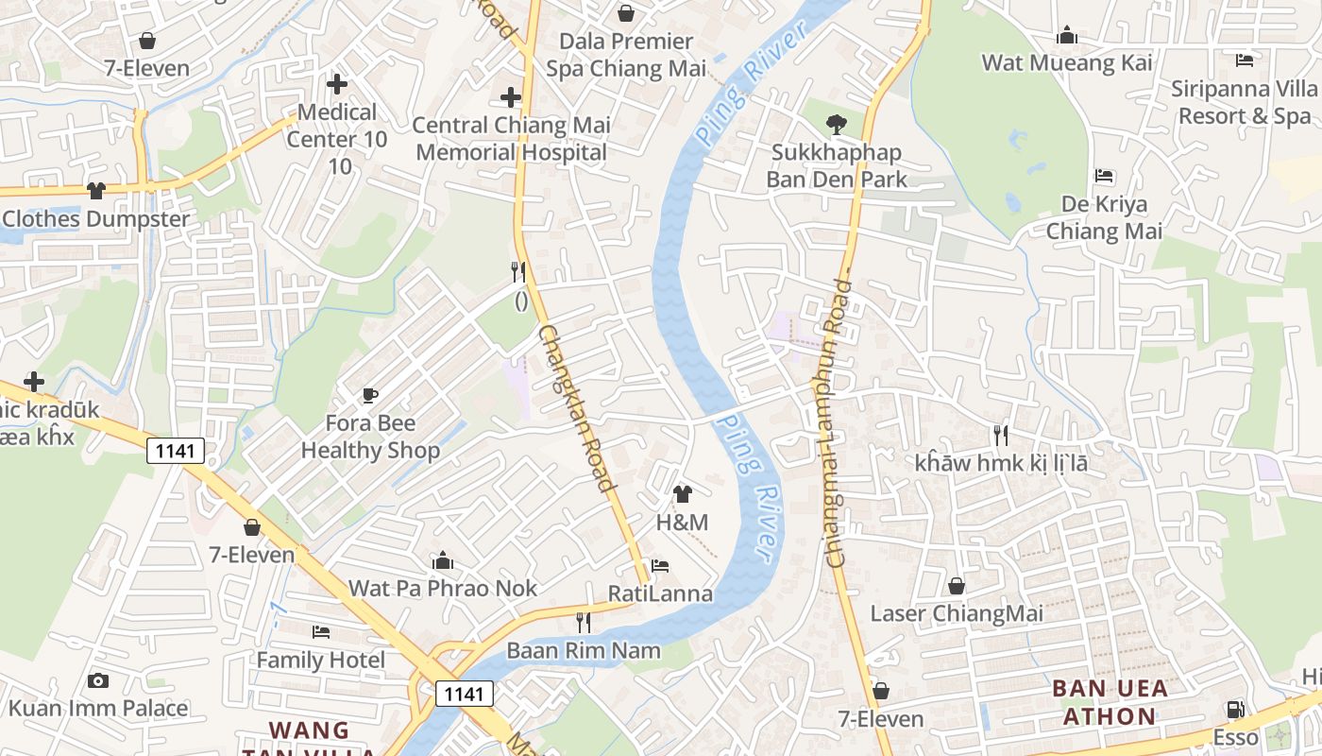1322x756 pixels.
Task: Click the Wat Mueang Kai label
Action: click(1067, 63)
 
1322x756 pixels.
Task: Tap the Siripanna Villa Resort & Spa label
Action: click(1244, 102)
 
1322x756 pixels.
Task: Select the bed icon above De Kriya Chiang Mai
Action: click(1104, 177)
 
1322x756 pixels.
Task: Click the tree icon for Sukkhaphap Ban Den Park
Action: click(836, 123)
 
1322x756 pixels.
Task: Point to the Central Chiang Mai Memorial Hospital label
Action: click(511, 138)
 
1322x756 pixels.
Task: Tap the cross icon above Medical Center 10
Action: click(337, 84)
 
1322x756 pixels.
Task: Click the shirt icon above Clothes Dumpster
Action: click(95, 191)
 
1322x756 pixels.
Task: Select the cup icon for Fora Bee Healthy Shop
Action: click(370, 395)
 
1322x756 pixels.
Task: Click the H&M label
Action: click(682, 523)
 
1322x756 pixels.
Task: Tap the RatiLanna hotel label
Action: click(660, 593)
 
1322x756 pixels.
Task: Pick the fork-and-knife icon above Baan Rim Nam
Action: click(584, 623)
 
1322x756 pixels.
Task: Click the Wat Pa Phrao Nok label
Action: click(443, 588)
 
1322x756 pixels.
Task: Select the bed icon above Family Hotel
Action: click(321, 631)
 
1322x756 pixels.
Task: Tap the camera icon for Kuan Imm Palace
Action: click(97, 680)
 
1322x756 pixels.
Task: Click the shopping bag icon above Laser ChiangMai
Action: click(957, 586)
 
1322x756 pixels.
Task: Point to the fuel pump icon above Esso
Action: click(1235, 710)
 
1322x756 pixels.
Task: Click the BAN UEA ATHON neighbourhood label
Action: click(1110, 702)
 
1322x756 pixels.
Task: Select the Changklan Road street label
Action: click(576, 408)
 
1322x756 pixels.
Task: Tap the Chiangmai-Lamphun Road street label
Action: click(835, 421)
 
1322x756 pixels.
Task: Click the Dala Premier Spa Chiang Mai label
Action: click(626, 55)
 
